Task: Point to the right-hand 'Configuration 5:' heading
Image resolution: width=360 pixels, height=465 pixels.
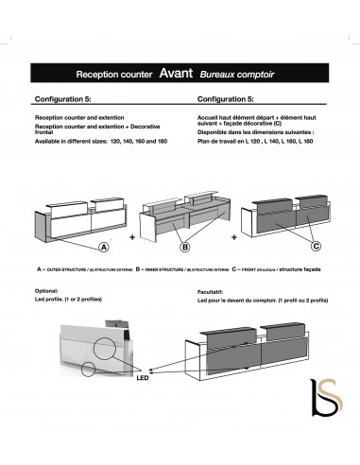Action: pos(224,97)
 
